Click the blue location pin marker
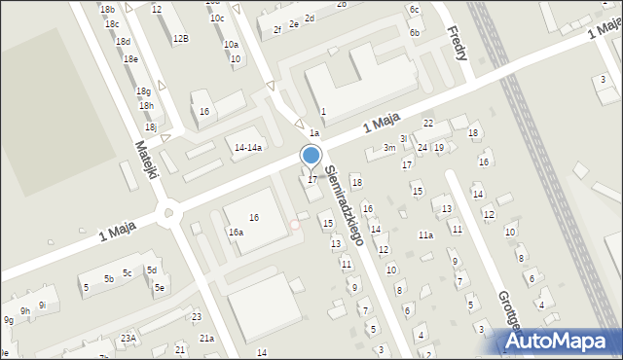pyautogui.click(x=311, y=156)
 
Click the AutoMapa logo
pyautogui.click(x=565, y=340)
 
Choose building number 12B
pyautogui.click(x=180, y=39)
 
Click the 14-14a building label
pyautogui.click(x=248, y=147)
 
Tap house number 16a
pyautogui.click(x=236, y=233)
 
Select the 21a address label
pyautogui.click(x=206, y=338)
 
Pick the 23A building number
pyautogui.click(x=128, y=338)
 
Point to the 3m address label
pyautogui.click(x=388, y=148)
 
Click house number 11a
pyautogui.click(x=425, y=235)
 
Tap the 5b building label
pyautogui.click(x=109, y=279)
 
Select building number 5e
pyautogui.click(x=159, y=288)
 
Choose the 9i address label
pyautogui.click(x=42, y=278)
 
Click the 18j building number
pyautogui.click(x=150, y=126)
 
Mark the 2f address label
pyautogui.click(x=276, y=30)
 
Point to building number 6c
pyautogui.click(x=414, y=9)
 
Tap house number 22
pyautogui.click(x=427, y=123)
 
